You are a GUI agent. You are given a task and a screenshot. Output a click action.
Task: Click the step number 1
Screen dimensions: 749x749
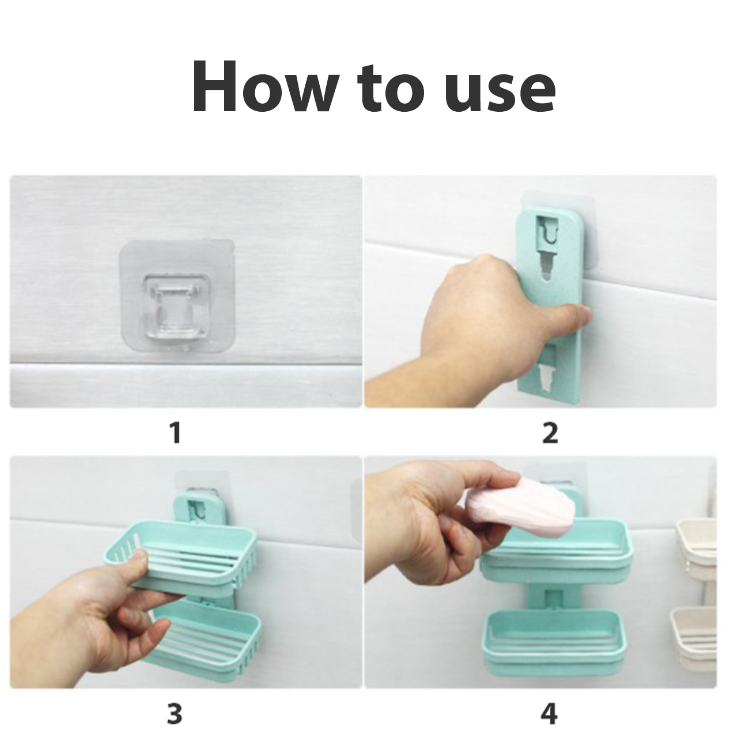tap(176, 433)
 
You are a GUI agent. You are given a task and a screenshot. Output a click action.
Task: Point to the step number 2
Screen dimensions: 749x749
tap(550, 433)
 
